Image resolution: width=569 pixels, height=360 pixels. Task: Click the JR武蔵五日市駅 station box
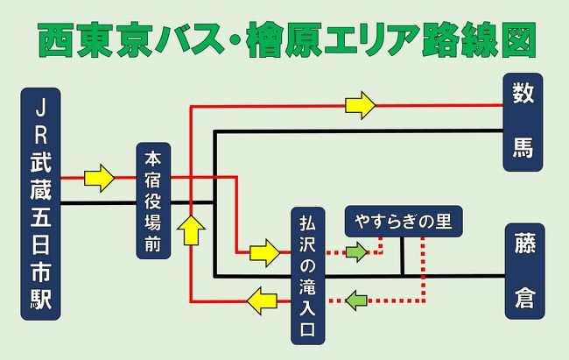(40, 204)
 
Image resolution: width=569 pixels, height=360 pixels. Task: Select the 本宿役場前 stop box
(153, 201)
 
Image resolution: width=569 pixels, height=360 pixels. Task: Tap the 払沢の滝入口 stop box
(308, 276)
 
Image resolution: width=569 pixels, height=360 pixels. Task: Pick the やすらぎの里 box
(404, 222)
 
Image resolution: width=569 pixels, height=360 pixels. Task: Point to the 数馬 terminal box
(523, 122)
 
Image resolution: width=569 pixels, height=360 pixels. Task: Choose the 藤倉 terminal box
(525, 272)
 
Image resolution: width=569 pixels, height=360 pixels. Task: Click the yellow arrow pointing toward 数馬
(361, 105)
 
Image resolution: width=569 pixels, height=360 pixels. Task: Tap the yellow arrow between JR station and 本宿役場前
(100, 178)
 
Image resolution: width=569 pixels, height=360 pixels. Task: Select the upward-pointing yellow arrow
(191, 229)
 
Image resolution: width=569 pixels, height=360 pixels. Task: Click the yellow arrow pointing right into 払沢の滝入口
(265, 253)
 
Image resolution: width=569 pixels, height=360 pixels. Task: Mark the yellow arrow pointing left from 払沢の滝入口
(262, 300)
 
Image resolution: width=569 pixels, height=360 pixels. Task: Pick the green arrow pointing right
(356, 251)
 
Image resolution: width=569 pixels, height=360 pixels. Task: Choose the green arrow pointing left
(356, 300)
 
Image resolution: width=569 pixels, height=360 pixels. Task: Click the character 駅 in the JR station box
(40, 299)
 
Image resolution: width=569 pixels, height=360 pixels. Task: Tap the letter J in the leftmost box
(40, 109)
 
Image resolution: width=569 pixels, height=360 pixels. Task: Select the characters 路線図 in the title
(480, 39)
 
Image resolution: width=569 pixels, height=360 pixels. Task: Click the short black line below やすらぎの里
(402, 257)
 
